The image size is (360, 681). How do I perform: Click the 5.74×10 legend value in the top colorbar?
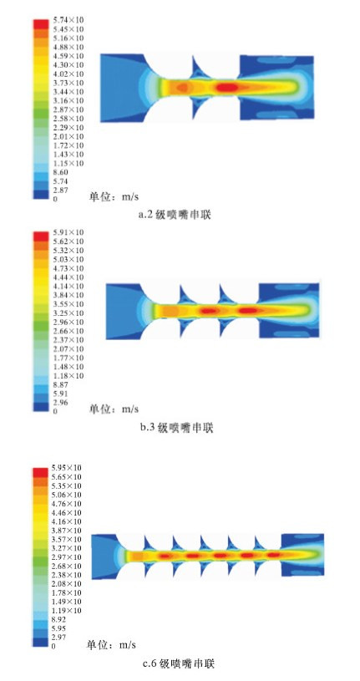68,20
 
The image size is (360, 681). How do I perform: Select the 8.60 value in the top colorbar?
60,172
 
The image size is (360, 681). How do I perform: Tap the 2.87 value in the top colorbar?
60,190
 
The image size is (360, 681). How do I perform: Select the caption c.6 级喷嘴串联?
178,663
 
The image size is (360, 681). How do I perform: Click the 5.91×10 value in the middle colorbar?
68,232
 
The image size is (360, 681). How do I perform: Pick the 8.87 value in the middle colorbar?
60,384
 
